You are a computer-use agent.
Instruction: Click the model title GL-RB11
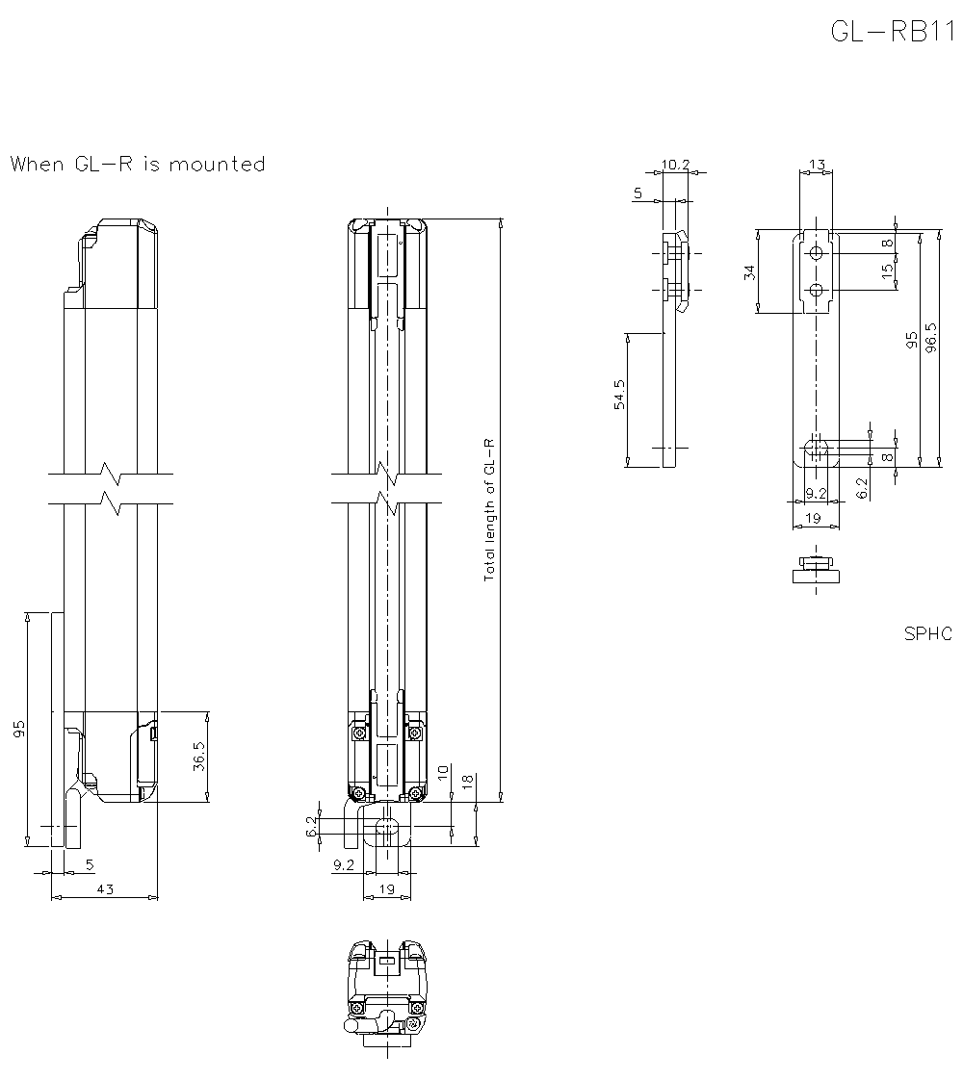coord(891,32)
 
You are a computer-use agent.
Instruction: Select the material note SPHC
coord(927,633)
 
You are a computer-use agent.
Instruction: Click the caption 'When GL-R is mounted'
coord(138,165)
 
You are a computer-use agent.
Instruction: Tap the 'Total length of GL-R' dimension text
coord(489,508)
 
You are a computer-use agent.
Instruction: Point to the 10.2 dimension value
coord(676,165)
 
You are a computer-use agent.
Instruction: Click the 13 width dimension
coord(816,165)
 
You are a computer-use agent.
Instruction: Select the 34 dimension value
coord(750,272)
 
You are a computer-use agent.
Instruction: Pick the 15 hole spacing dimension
coord(887,272)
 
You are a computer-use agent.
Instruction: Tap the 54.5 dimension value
coord(620,395)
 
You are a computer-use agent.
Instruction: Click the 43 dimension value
coord(105,889)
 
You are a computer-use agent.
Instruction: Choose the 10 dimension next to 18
coord(442,772)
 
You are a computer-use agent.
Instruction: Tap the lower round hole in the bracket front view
coord(816,290)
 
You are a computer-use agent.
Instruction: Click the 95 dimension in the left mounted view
coord(19,729)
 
